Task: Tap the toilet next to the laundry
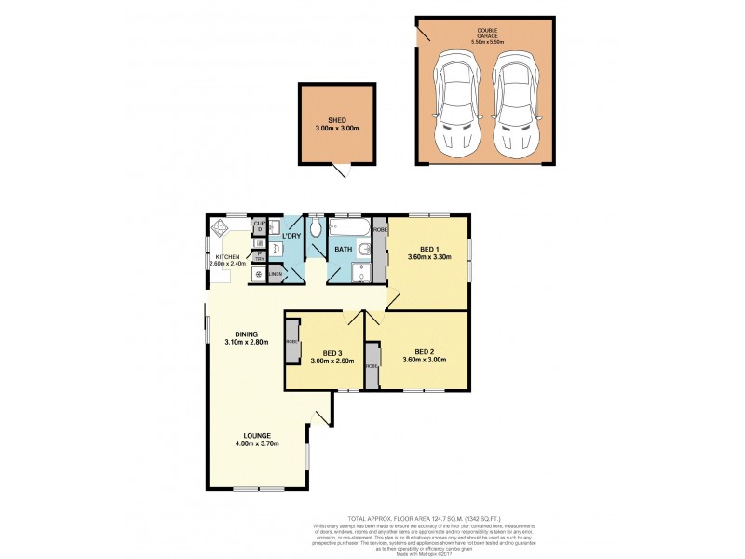(x=316, y=228)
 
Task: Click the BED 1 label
(x=428, y=249)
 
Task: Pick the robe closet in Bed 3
(x=292, y=342)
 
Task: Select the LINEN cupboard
(x=276, y=274)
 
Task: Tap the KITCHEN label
(x=228, y=256)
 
